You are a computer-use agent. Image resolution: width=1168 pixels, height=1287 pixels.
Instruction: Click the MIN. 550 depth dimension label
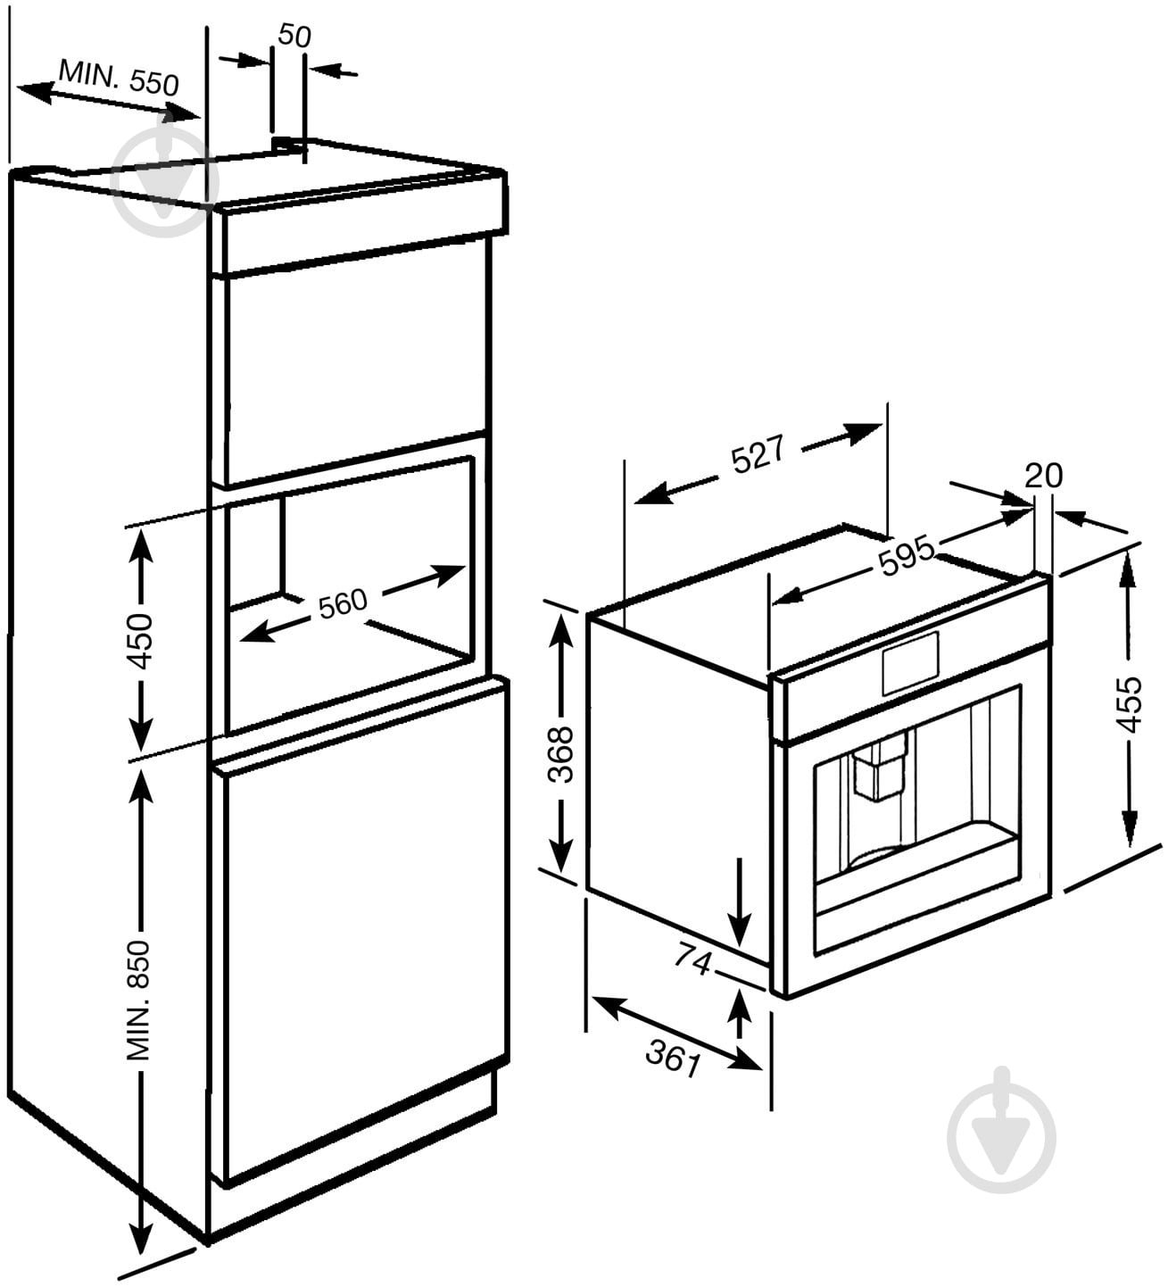click(x=119, y=78)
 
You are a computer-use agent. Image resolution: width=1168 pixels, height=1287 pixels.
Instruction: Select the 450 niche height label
click(x=139, y=641)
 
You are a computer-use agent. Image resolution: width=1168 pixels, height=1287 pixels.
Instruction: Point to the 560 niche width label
click(x=343, y=603)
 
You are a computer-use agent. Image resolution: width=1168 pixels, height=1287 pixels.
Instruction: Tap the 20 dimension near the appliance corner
click(x=1043, y=476)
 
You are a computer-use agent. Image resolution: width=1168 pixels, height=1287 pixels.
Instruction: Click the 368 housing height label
click(x=560, y=754)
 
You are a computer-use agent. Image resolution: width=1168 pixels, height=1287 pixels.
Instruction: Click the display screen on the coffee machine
click(x=910, y=663)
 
